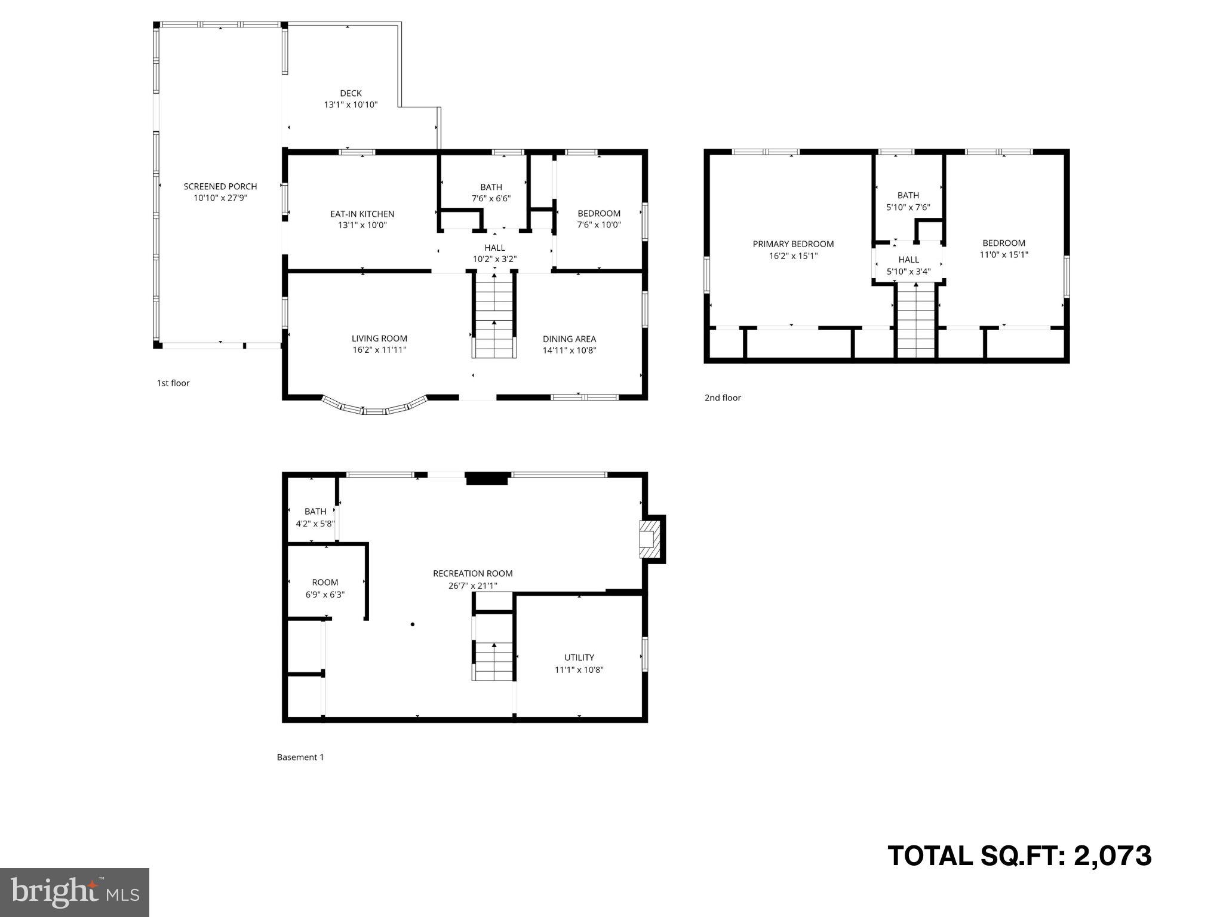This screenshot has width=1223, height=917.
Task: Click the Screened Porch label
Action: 220,187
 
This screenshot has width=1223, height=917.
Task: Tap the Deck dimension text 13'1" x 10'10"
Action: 351,104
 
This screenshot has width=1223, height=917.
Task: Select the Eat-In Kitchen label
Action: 362,214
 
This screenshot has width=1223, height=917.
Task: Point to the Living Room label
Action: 379,339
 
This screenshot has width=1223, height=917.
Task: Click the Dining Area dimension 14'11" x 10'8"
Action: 569,350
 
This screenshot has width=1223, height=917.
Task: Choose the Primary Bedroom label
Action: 793,244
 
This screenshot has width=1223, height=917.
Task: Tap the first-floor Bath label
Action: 491,187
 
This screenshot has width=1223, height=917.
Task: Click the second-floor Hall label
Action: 908,260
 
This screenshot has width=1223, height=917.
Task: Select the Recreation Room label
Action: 472,574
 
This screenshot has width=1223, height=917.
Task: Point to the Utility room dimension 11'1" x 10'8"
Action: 579,670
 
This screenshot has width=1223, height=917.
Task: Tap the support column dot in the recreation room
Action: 412,624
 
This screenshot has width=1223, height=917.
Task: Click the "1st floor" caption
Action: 173,383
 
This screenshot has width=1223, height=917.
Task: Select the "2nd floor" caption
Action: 723,398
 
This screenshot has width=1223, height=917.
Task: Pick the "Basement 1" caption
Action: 300,757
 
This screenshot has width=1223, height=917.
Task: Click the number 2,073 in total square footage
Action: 1113,856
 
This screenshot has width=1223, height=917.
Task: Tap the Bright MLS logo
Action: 75,892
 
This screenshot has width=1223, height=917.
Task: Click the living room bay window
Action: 375,408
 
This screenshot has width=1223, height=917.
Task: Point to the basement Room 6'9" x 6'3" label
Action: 325,583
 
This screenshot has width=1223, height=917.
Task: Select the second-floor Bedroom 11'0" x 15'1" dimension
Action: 1004,255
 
